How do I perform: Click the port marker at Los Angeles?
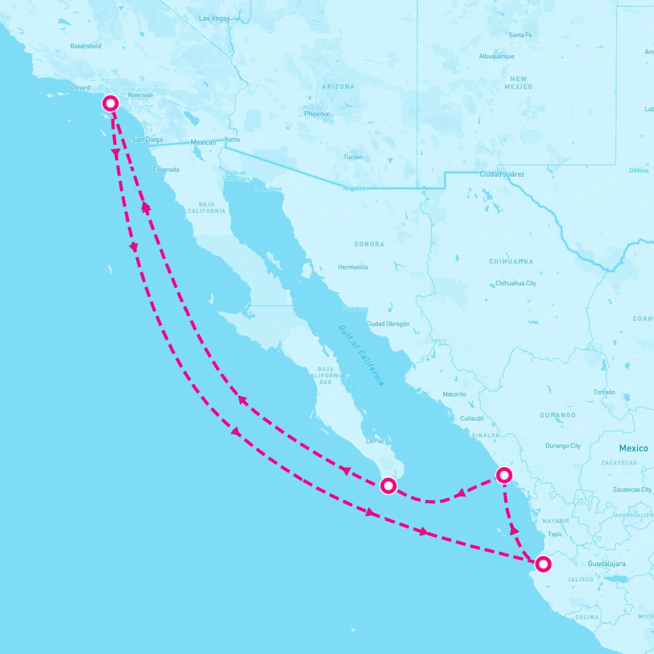coord(111,102)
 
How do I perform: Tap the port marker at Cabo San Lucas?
coord(388,485)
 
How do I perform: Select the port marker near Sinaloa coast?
coord(504,475)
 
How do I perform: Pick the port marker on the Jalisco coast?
coord(543,564)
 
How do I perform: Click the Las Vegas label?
coord(215,19)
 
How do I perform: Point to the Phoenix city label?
coord(317,114)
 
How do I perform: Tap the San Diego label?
coord(147,140)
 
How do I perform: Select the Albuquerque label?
coord(496,57)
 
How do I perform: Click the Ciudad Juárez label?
coord(502,174)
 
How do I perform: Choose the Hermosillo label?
coord(353,267)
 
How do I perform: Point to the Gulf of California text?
coord(361,355)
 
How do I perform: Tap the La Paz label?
coord(375,441)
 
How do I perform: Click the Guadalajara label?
coord(607,564)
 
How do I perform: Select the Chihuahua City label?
coord(516,283)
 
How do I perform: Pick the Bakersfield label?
coord(86,46)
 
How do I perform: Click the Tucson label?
coord(353,157)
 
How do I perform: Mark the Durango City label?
coord(563,446)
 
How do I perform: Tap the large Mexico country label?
coord(633,448)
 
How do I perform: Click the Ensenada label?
coord(166,169)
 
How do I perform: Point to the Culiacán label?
coord(472,419)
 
